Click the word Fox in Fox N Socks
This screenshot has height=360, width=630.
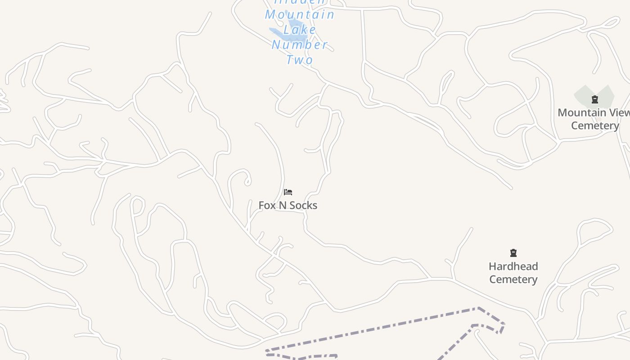coord(266,205)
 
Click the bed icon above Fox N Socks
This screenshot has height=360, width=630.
coord(288,192)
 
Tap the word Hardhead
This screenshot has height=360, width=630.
coord(513,266)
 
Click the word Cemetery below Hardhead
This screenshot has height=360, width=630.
coord(513,279)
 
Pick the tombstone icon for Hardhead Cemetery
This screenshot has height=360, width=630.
coord(513,253)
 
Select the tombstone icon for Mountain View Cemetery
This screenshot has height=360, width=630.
coord(595,99)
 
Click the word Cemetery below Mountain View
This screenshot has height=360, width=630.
coord(595,125)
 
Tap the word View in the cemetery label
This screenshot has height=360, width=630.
coord(619,112)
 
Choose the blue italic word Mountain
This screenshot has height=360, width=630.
coord(300,14)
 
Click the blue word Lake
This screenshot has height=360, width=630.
coord(300,30)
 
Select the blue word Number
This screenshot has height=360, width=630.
coord(300,45)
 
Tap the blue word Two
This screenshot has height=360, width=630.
coord(300,59)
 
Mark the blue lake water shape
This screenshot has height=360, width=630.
coord(277,32)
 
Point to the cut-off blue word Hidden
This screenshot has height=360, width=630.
coord(300,2)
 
